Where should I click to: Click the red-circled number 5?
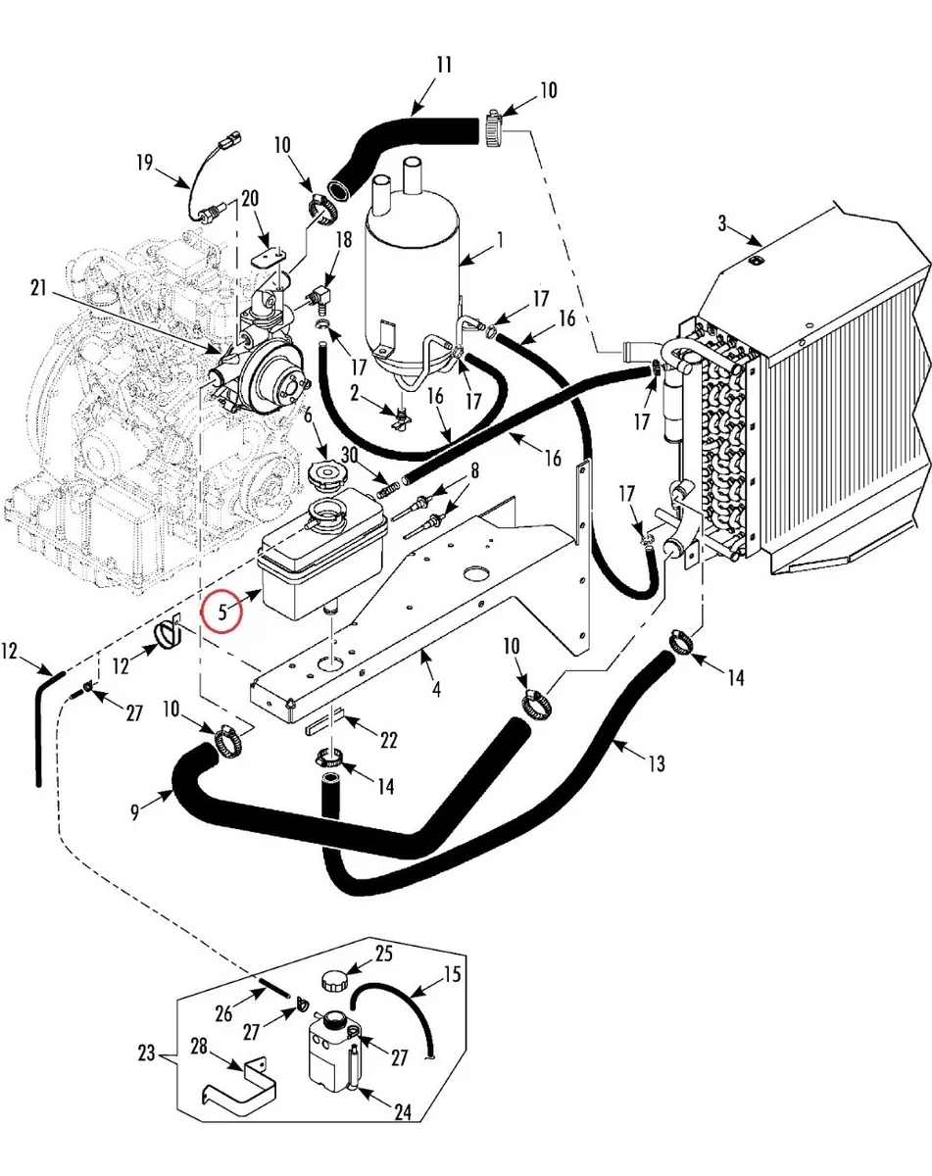(x=221, y=612)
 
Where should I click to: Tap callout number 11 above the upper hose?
(x=444, y=65)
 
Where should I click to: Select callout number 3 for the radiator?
(x=722, y=223)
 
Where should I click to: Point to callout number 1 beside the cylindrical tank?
(x=499, y=240)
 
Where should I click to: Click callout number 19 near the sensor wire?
(x=145, y=163)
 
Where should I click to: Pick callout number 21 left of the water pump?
(x=38, y=288)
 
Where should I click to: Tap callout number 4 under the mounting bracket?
(x=436, y=689)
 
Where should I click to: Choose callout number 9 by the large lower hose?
(x=135, y=812)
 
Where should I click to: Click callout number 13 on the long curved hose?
(x=657, y=763)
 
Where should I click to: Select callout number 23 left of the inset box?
(x=146, y=1053)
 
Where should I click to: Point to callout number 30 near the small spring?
(x=349, y=455)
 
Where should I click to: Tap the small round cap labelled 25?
(x=334, y=981)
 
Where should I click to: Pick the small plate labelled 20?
(x=269, y=257)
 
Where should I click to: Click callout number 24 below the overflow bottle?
(x=403, y=1112)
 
